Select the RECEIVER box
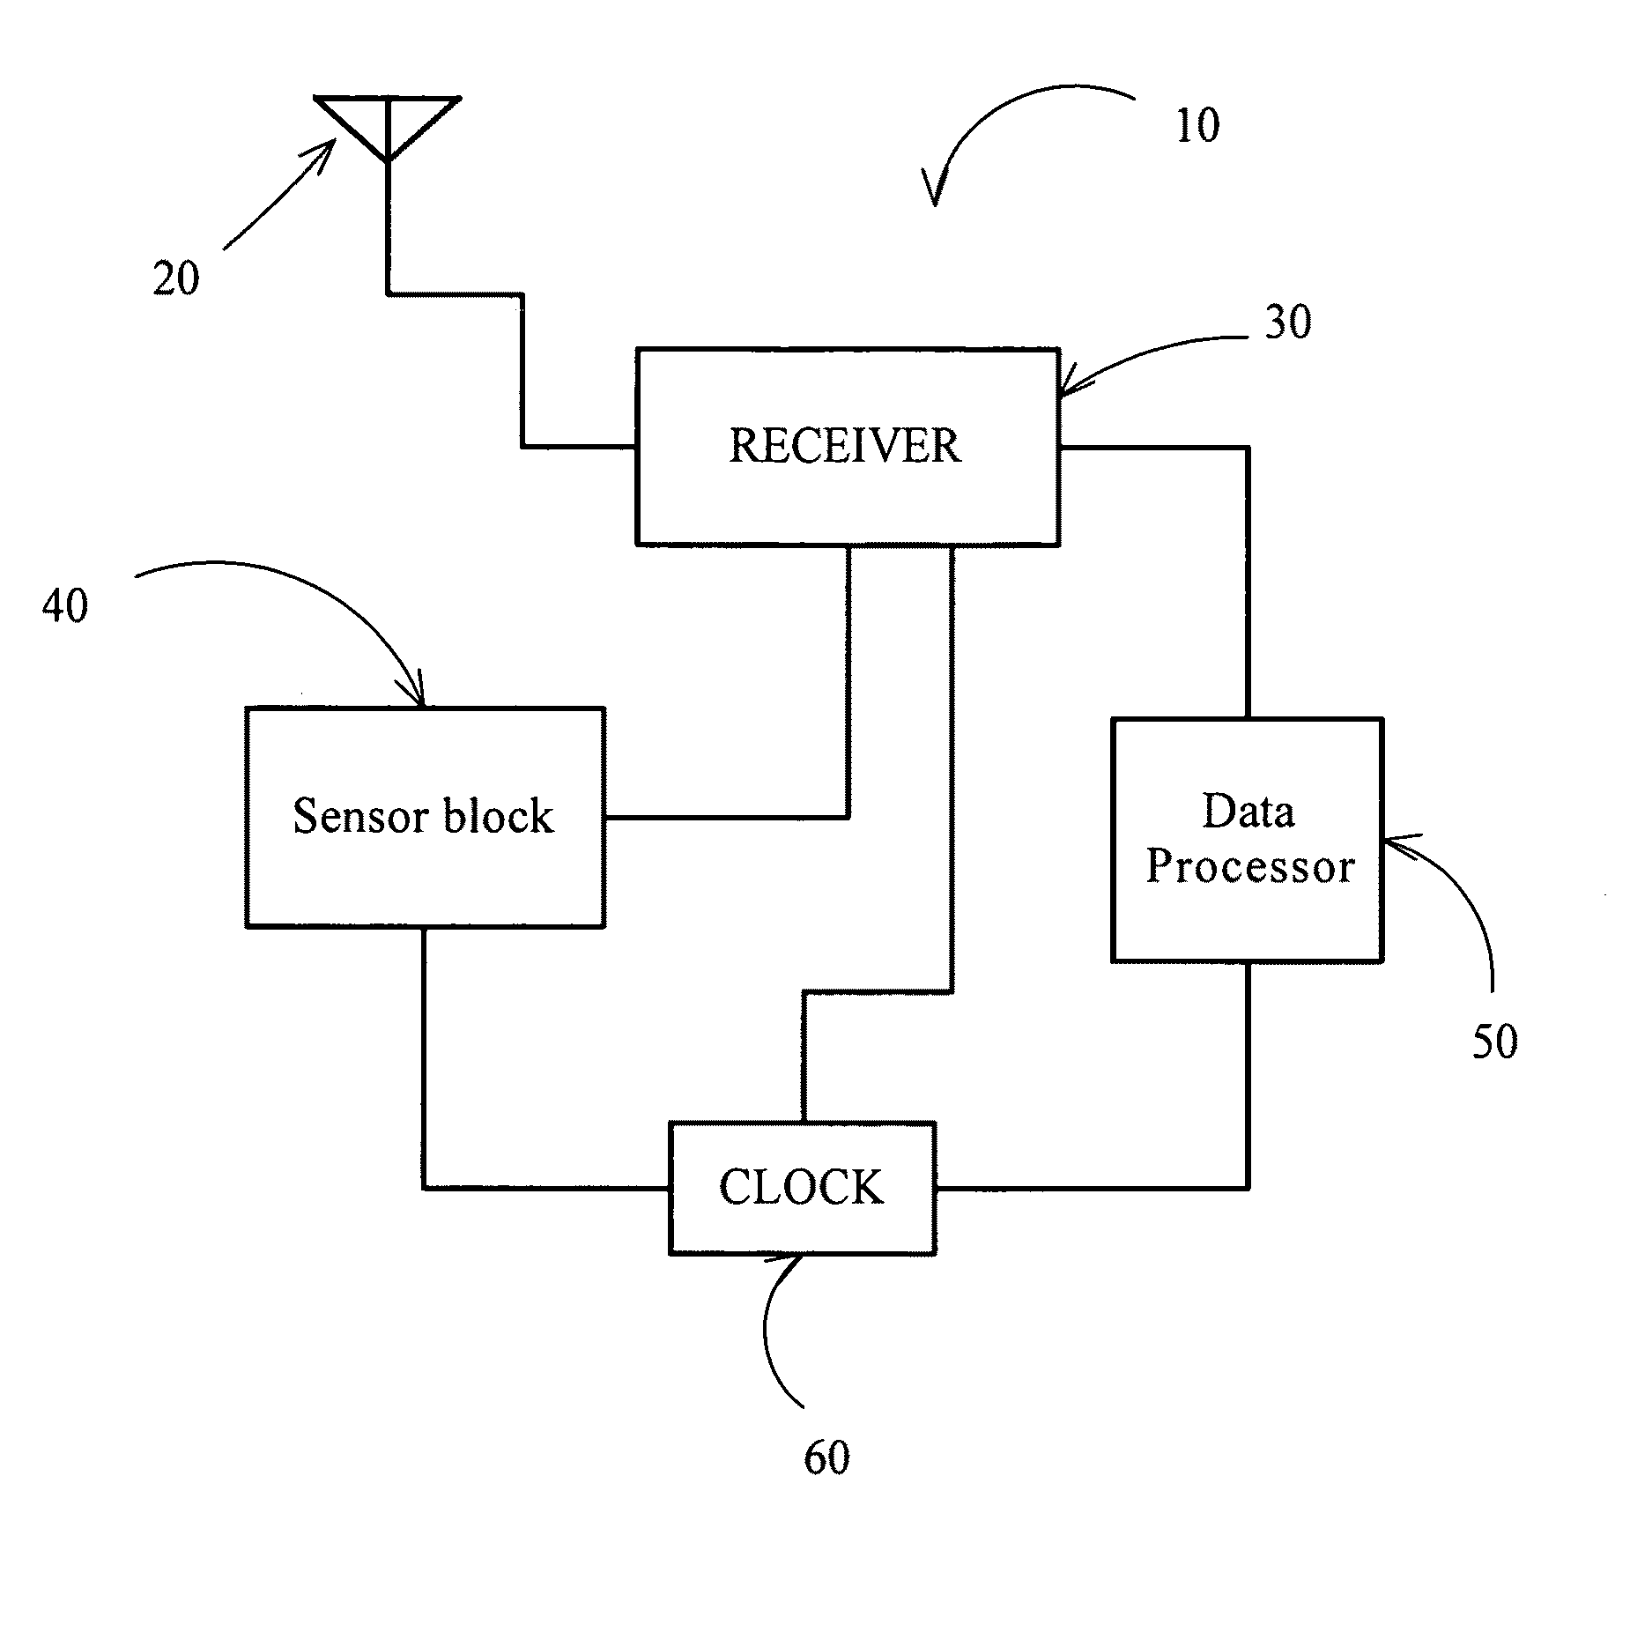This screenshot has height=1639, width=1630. click(847, 447)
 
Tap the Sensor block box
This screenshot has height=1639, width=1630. click(425, 817)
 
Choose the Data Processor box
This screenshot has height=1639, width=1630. click(1247, 839)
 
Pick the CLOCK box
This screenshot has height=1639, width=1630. click(802, 1187)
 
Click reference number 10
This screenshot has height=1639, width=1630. click(1197, 125)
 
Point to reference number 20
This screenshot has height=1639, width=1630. click(176, 279)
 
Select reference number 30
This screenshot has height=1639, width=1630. click(1288, 323)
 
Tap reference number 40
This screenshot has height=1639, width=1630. click(65, 606)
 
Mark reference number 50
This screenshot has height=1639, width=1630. click(1495, 1042)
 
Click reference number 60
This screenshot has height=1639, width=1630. click(826, 1458)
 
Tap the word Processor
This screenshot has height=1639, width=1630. click(1249, 867)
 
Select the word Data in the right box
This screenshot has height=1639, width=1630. click(1248, 812)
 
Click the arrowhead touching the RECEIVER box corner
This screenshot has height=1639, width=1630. click(1067, 388)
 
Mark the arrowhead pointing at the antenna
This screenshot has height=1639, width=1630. click(328, 147)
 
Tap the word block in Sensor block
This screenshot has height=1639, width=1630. click(498, 816)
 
